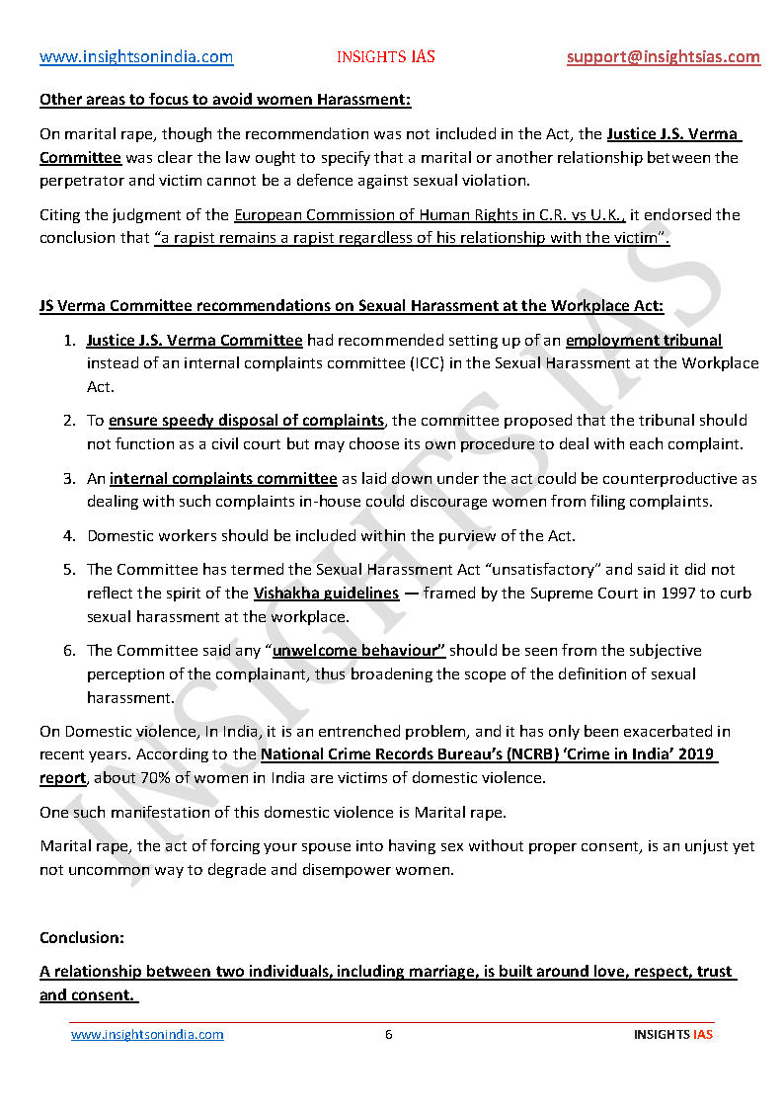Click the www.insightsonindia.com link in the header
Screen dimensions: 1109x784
(x=136, y=57)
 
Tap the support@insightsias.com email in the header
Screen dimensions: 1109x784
(x=663, y=57)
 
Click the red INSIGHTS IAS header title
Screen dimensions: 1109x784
(x=385, y=57)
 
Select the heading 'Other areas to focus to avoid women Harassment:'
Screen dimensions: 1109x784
(x=225, y=100)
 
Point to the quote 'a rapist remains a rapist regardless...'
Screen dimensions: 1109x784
(x=412, y=238)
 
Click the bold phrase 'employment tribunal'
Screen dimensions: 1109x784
(x=644, y=341)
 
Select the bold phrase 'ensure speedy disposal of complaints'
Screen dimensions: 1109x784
(x=246, y=421)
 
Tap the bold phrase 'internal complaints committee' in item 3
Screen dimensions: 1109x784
(x=223, y=479)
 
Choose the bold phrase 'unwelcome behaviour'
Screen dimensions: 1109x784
(x=358, y=651)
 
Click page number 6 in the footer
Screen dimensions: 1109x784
(x=389, y=1035)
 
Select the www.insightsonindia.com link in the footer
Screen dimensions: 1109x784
(x=147, y=1035)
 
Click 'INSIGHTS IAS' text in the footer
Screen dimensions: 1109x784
(x=672, y=1035)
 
